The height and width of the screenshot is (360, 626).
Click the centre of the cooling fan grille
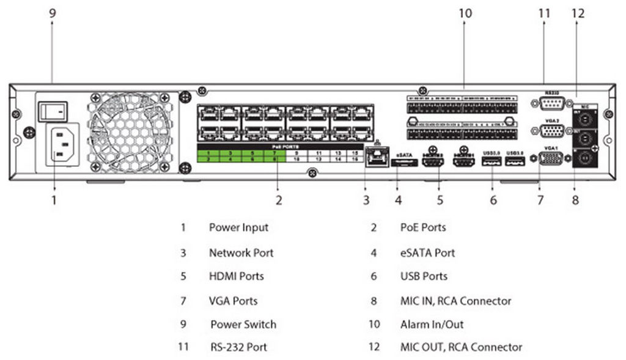click(130, 133)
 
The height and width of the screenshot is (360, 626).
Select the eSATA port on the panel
click(404, 163)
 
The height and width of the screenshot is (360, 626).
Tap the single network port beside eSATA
click(376, 157)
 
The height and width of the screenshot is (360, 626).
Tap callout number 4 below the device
click(398, 199)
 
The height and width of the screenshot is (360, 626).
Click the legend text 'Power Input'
click(238, 227)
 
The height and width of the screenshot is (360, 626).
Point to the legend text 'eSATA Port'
click(427, 252)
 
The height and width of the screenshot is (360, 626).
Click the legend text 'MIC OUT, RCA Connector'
click(461, 347)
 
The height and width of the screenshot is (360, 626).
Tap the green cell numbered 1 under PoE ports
click(208, 152)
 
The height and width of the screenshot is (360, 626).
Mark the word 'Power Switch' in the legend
click(243, 325)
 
